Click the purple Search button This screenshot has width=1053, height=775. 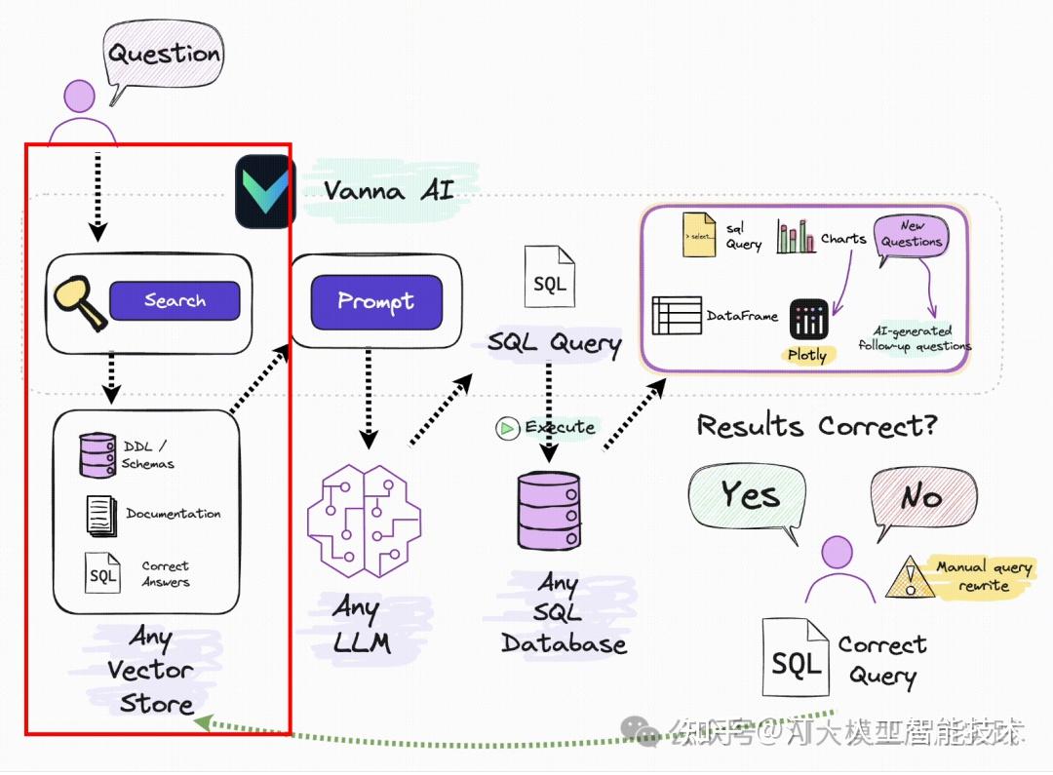(x=175, y=300)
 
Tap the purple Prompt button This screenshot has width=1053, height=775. (x=375, y=301)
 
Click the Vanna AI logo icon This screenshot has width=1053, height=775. (x=264, y=189)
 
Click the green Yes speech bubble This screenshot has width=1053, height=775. (x=749, y=497)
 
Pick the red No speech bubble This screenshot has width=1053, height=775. (x=919, y=498)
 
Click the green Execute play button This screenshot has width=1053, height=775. (x=507, y=428)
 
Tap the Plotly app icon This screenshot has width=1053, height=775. (x=808, y=319)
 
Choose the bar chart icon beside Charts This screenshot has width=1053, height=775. (x=796, y=237)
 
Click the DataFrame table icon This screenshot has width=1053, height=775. (x=676, y=316)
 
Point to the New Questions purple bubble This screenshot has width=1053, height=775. (x=911, y=236)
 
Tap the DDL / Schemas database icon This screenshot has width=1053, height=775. (x=97, y=454)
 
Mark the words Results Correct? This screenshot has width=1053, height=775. (x=815, y=426)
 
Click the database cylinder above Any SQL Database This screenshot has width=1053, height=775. (x=549, y=510)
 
